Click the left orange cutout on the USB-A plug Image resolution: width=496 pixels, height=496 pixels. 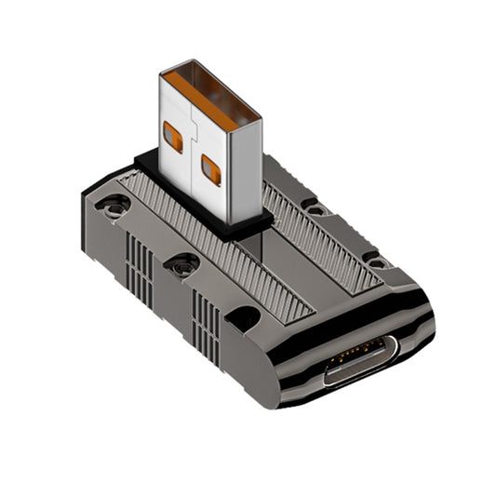click(x=174, y=136)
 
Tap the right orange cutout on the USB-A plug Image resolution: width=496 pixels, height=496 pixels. click(x=211, y=169)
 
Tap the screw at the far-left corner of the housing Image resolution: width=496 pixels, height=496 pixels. click(x=116, y=206)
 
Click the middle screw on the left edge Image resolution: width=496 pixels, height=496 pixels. click(x=181, y=266)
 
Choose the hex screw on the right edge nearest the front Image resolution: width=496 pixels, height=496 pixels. click(x=377, y=262)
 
